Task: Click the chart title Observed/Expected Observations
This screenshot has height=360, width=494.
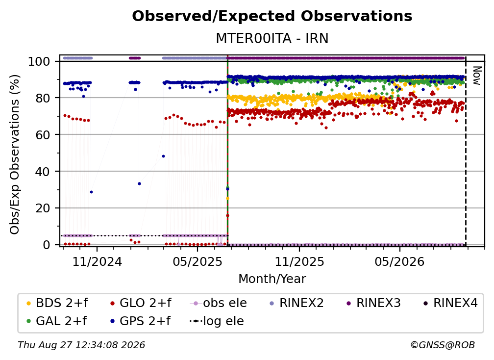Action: pos(272,16)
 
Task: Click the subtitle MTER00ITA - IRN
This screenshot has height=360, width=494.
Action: pos(272,38)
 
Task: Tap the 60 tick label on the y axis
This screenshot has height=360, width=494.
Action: pos(43,135)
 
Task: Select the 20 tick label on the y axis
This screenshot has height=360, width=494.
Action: pos(43,208)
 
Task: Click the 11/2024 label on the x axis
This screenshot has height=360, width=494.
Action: pos(97,261)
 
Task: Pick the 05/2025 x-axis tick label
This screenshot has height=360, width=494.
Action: pos(198,261)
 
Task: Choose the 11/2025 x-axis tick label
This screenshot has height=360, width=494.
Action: pos(299,261)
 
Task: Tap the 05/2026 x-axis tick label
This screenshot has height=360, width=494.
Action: pos(399,261)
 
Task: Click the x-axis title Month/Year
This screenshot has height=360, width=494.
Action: pos(272,279)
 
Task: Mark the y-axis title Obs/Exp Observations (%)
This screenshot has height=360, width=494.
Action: pos(15,154)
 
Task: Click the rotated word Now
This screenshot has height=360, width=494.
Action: pos(477,76)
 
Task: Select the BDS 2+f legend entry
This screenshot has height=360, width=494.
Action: pos(58,303)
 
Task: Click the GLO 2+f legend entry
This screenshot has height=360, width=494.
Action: pos(141,303)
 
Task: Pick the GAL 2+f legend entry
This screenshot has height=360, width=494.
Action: pos(57,321)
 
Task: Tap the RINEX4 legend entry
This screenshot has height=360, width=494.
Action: pos(450,303)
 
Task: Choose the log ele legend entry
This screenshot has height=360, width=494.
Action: pos(217,321)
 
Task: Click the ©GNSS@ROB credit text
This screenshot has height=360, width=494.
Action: pos(443,345)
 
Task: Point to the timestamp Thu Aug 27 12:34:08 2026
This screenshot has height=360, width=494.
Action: pos(81,345)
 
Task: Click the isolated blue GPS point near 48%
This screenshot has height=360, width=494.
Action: pos(163,156)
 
